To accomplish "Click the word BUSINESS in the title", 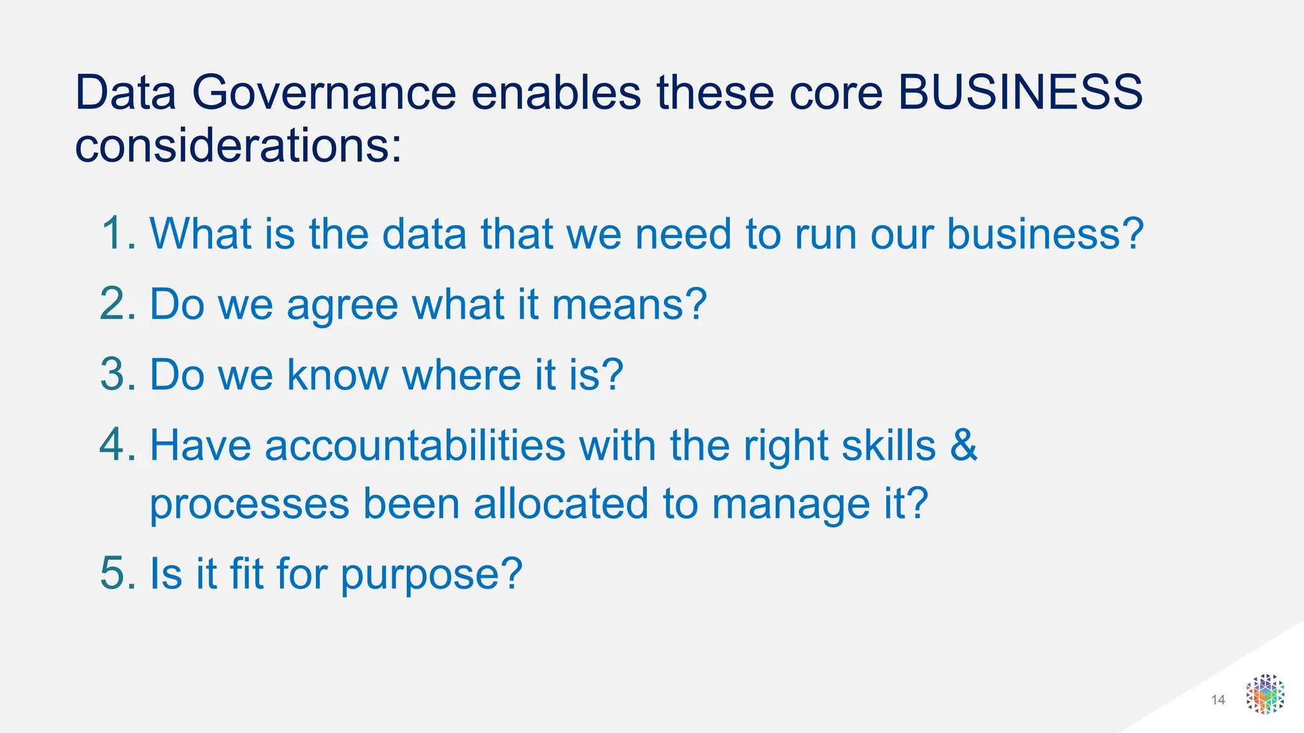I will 1020,93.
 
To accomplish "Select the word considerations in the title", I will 238,146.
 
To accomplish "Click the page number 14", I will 1218,700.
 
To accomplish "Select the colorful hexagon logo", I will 1265,694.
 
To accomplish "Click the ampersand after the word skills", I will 963,445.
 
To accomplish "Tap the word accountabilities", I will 415,445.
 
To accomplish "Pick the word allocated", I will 561,504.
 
